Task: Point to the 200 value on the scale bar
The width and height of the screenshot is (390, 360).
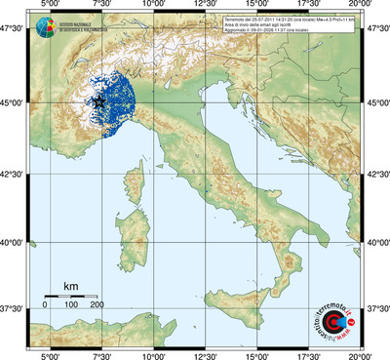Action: click(97, 305)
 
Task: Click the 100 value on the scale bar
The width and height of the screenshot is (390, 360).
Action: click(71, 305)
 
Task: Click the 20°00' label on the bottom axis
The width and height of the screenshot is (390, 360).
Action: click(362, 354)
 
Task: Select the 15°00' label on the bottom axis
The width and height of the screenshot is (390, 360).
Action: click(257, 354)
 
